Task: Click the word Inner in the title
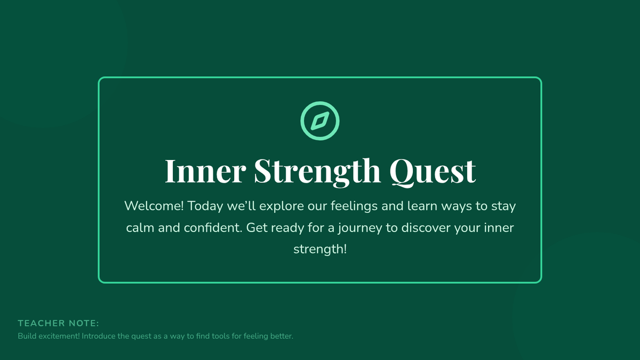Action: click(x=205, y=171)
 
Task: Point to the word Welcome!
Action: click(x=154, y=206)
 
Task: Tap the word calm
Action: click(x=140, y=228)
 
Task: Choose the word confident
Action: click(x=213, y=228)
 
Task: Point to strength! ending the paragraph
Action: click(x=320, y=250)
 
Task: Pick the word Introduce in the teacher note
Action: click(x=99, y=336)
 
